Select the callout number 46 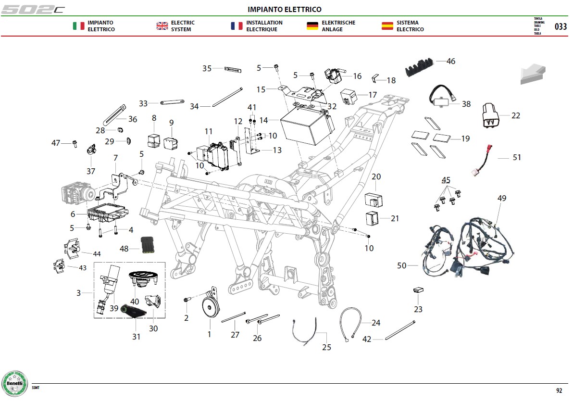[x=451, y=61]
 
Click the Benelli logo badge [x=14, y=383]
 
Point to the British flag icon [x=162, y=26]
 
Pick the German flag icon [x=312, y=26]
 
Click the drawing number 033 [x=561, y=26]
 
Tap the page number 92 [x=559, y=390]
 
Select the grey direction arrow [x=533, y=74]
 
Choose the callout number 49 [x=502, y=198]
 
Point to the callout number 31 [x=137, y=337]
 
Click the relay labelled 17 [x=349, y=96]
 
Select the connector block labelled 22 [x=490, y=115]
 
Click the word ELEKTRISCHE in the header [x=338, y=23]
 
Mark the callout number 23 [x=418, y=309]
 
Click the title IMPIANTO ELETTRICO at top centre [x=285, y=9]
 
